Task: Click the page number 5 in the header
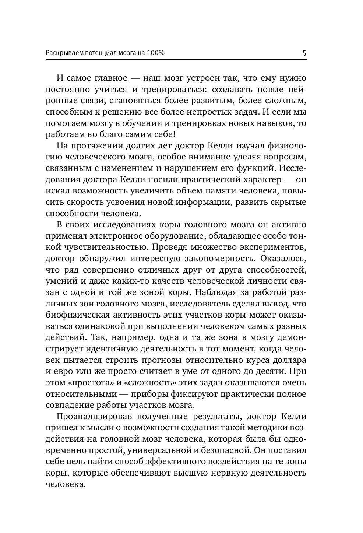click(304, 53)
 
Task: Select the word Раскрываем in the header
click(64, 53)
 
